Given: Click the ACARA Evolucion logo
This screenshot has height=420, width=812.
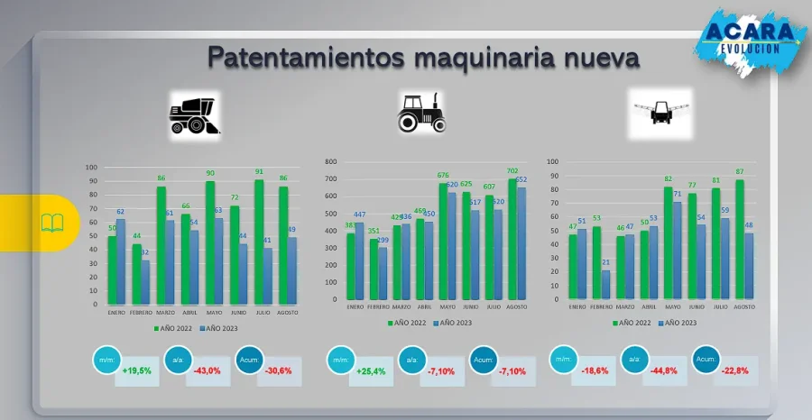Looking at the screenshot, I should point(752,38).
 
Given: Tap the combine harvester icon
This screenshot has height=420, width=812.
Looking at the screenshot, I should point(195,114).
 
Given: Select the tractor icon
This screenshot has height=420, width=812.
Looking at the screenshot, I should point(421,112).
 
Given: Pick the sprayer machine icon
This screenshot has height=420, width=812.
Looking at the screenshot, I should point(660,112).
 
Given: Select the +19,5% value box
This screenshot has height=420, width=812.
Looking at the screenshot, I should point(138,370).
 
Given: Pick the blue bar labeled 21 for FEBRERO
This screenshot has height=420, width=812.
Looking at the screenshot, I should point(605,285).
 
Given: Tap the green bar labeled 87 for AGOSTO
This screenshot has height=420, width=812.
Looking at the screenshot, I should point(740,239).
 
